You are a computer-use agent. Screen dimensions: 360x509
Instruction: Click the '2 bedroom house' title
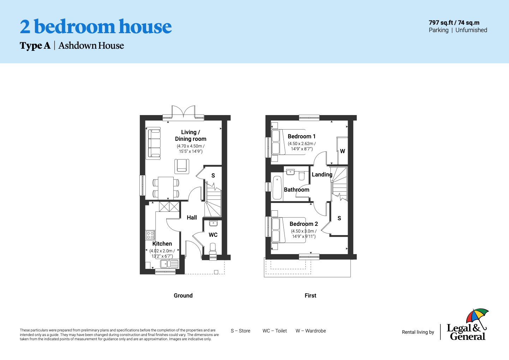point(96,27)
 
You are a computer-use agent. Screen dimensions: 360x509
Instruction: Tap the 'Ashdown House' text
point(91,46)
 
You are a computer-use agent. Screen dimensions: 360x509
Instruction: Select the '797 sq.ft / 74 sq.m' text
point(454,23)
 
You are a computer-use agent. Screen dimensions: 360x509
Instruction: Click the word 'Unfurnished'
point(471,30)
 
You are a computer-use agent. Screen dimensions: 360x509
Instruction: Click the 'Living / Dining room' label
point(191,136)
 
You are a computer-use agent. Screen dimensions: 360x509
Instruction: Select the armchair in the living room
point(181,166)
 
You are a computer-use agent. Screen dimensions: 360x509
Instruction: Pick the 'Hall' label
point(192,217)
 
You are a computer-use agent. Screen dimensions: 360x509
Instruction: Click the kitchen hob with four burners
point(150,235)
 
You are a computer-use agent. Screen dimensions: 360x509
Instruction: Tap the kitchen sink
point(169,264)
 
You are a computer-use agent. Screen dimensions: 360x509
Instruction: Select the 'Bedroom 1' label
point(301,136)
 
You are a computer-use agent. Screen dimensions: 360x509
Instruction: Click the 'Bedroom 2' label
point(304,224)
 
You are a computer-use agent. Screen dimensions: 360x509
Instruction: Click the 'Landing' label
point(322,174)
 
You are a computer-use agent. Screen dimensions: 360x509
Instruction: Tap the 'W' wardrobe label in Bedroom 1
point(342,151)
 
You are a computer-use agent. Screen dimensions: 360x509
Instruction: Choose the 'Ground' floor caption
point(183,295)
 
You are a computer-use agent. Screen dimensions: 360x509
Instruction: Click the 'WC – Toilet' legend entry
point(275,331)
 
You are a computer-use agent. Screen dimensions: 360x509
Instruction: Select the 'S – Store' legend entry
point(240,331)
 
